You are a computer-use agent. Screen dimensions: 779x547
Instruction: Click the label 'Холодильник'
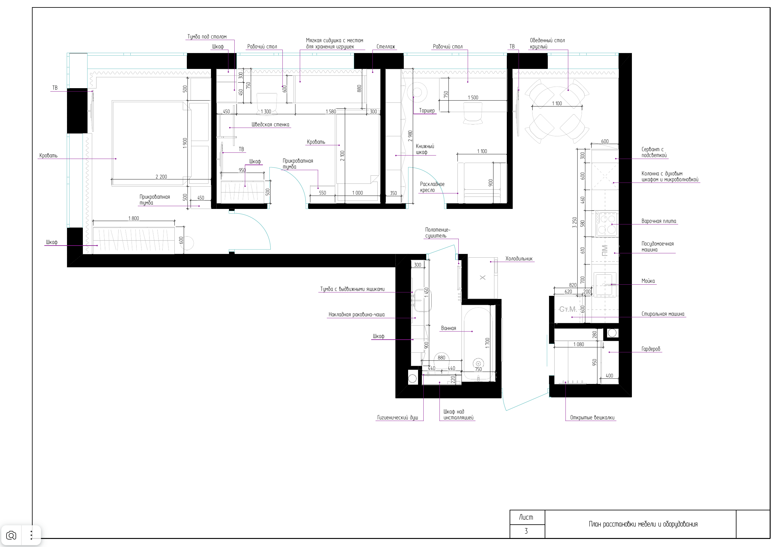point(519,259)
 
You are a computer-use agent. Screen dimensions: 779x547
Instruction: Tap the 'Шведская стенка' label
point(270,124)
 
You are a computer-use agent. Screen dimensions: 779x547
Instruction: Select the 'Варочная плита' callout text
point(659,221)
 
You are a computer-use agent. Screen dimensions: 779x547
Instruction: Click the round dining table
point(557,111)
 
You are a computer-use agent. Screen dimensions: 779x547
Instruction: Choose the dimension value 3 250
point(574,223)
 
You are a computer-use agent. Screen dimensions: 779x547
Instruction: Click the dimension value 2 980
point(410,136)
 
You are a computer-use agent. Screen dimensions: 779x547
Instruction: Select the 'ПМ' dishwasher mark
point(605,251)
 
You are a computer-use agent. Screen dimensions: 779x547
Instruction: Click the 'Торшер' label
point(427,111)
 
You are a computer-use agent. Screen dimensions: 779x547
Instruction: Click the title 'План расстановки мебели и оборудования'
point(643,524)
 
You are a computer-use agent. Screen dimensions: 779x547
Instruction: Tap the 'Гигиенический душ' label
point(397,417)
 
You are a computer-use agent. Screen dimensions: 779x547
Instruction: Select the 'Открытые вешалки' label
point(592,417)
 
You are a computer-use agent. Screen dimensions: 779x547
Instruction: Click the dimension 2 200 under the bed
point(161,176)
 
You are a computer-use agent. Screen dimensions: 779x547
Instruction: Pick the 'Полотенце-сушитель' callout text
point(438,233)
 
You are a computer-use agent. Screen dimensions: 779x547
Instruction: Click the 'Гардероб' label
point(651,349)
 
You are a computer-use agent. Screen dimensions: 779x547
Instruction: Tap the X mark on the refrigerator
point(483,278)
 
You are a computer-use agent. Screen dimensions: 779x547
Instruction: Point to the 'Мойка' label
point(648,281)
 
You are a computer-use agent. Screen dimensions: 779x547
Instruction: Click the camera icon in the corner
point(11,536)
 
